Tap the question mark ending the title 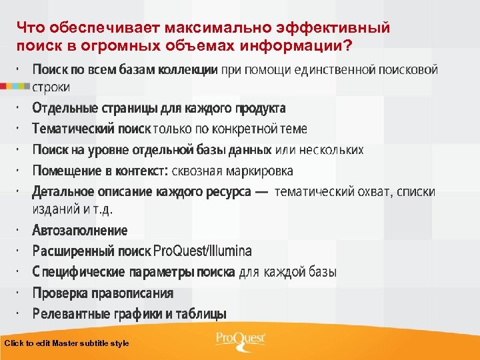tap(349, 45)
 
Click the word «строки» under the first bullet tap(51, 87)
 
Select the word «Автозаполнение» tap(79, 231)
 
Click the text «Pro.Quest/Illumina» tap(203, 251)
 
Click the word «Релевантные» tap(69, 313)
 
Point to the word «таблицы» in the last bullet tap(203, 313)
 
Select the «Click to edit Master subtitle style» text tap(67, 343)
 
